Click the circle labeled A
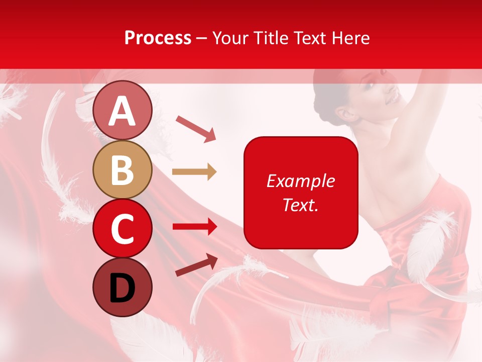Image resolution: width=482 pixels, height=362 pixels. point(123,111)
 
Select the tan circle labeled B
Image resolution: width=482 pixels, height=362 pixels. point(123,170)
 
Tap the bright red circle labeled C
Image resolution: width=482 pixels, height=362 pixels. point(123,228)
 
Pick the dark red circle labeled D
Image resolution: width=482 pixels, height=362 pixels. point(123,287)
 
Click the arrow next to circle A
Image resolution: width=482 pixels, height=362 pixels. point(196,128)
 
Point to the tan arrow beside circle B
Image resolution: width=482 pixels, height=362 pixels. point(194,172)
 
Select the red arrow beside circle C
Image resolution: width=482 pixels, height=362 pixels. point(194,226)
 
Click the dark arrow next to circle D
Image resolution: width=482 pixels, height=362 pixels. point(196,265)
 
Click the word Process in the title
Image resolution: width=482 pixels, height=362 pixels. point(158,38)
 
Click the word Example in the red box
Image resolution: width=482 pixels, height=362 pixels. point(300,181)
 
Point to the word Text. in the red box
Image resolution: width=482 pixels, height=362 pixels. point(300,205)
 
